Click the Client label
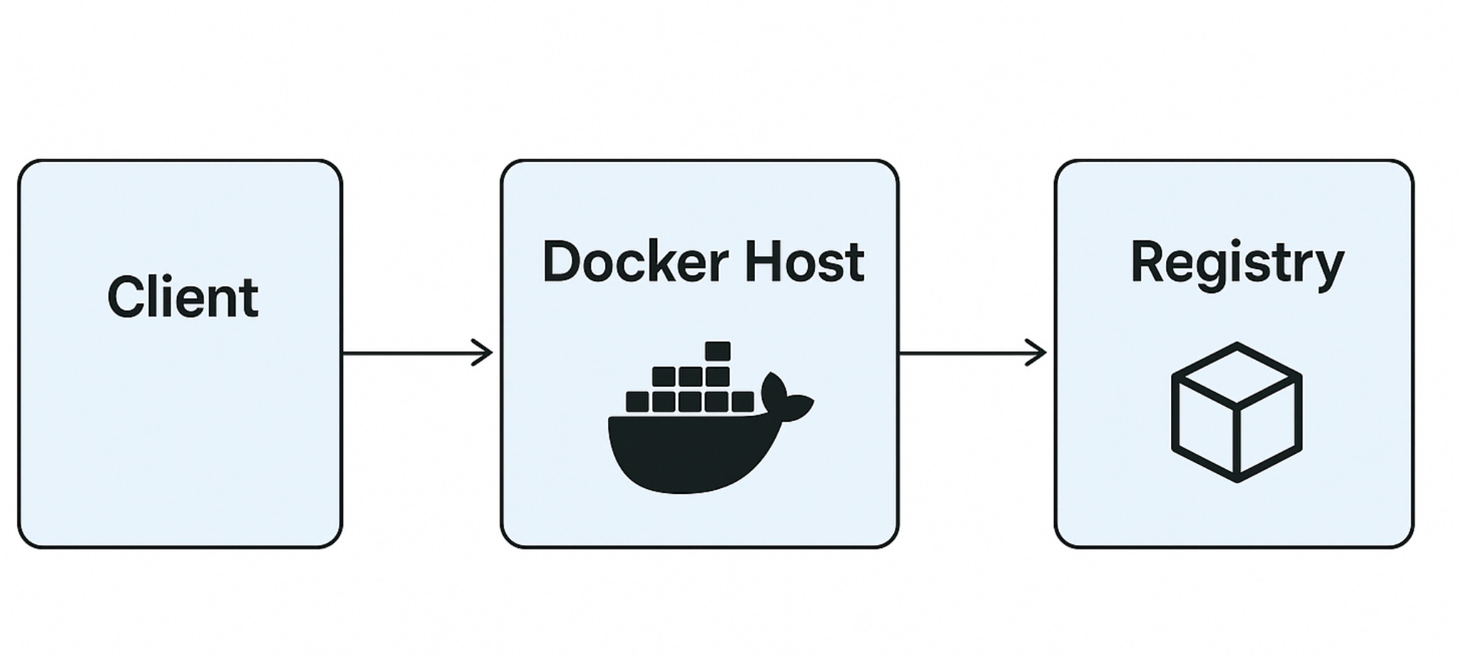pyautogui.click(x=183, y=297)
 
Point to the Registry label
pyautogui.click(x=1237, y=264)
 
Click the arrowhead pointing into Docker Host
pyautogui.click(x=485, y=353)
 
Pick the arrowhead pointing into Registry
pyautogui.click(x=1038, y=353)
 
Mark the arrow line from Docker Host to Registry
pyautogui.click(x=963, y=353)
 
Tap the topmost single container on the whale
pyautogui.click(x=717, y=351)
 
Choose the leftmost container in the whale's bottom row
pyautogui.click(x=637, y=402)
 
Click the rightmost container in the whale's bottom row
pyautogui.click(x=742, y=402)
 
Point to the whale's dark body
pyautogui.click(x=678, y=453)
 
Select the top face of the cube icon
pyautogui.click(x=1237, y=373)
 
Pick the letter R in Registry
pyautogui.click(x=1147, y=262)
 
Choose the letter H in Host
pyautogui.click(x=761, y=262)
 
